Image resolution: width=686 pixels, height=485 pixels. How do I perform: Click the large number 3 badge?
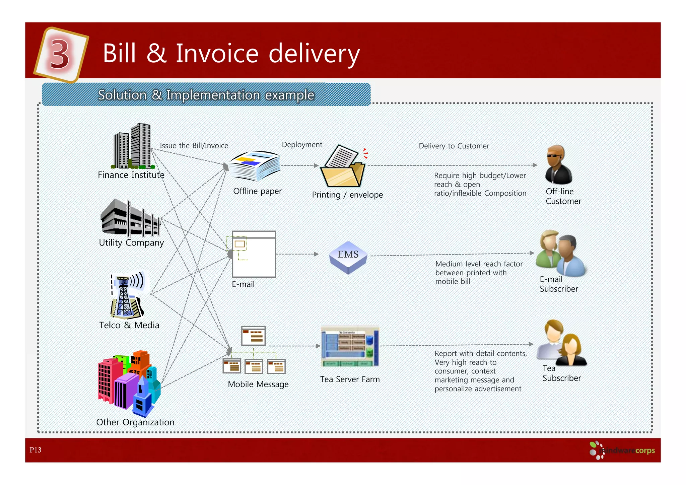60,54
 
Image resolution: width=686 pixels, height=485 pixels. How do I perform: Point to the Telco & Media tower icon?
127,295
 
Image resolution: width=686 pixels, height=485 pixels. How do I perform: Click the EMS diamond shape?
348,257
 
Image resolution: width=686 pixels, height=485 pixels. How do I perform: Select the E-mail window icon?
254,254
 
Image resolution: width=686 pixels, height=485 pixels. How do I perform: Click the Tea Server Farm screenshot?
350,346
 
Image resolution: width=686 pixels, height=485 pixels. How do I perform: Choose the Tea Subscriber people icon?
561,342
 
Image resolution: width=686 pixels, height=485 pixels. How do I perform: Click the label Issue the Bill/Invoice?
194,146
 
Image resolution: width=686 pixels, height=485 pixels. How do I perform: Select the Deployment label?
302,145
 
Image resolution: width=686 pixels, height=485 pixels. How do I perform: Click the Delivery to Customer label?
454,146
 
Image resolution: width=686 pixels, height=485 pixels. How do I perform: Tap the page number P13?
35,450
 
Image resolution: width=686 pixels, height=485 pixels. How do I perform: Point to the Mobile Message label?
258,384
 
